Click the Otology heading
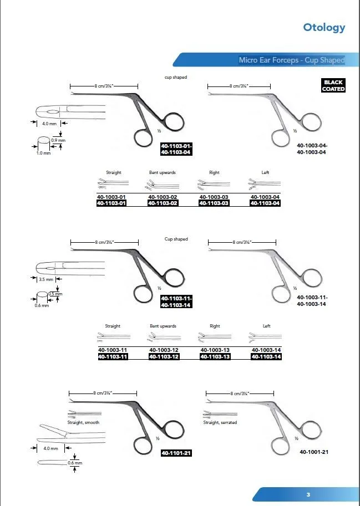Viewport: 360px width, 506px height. [324, 27]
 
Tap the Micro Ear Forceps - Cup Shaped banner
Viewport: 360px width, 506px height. [291, 60]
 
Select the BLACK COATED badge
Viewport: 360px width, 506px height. [333, 86]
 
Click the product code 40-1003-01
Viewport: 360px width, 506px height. [112, 197]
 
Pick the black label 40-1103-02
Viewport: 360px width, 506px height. [163, 203]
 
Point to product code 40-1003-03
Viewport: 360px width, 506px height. [214, 197]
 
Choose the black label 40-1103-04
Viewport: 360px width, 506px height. [265, 203]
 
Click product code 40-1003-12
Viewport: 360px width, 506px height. [164, 350]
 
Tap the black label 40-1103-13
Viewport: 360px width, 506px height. [215, 357]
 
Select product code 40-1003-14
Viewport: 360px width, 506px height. [266, 350]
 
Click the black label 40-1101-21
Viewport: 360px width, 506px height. [176, 453]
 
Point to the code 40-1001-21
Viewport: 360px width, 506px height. [314, 452]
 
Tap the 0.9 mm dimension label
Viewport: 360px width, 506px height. [58, 141]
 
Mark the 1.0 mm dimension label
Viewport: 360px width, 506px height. [43, 153]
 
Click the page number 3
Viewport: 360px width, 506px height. [308, 494]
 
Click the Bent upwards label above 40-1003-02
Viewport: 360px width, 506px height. [163, 172]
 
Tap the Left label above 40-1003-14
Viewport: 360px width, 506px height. [266, 326]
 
